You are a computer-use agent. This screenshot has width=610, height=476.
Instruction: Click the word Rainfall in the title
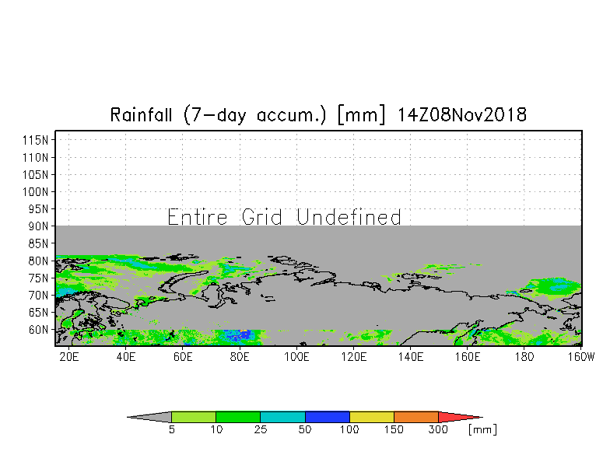coord(141,115)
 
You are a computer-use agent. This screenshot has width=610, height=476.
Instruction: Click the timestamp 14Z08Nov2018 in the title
coord(462,115)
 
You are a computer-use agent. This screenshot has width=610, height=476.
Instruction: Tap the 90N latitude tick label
coord(38,226)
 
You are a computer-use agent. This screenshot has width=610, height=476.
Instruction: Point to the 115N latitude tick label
coord(36,140)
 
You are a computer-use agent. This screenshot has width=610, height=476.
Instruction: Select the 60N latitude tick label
coord(38,330)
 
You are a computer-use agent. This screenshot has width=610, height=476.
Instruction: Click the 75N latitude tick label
coord(38,278)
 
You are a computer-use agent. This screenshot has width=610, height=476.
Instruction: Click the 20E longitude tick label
coord(68,356)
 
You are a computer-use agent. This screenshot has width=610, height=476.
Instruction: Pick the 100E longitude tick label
coord(296,356)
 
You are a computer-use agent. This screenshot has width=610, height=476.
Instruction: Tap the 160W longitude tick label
coord(581,356)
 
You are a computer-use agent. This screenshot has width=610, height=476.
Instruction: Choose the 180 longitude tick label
coord(524,356)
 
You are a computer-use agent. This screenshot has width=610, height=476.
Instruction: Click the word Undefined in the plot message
coord(349,217)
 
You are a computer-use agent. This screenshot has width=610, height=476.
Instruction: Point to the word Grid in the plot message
coord(261,217)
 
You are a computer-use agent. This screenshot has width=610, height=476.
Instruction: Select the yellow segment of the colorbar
coord(372,417)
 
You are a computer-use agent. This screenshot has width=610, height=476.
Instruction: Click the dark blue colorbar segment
coord(327,417)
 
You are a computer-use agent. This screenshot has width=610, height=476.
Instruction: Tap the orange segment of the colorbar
coord(415,417)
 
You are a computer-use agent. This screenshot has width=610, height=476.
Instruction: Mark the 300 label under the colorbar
coord(438,429)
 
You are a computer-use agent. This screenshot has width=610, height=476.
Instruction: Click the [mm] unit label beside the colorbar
coord(482,429)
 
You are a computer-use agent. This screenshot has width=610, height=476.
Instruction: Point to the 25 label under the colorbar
coord(260,429)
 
